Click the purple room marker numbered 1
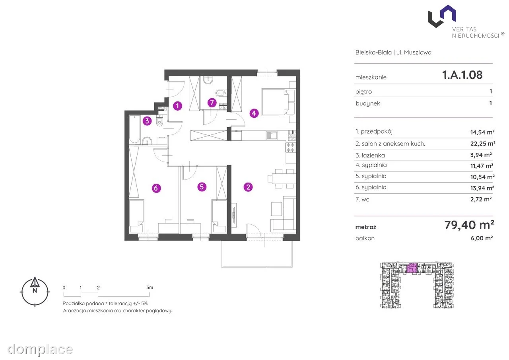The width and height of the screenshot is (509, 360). [x=177, y=106]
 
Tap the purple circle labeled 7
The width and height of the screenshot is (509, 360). [x=212, y=103]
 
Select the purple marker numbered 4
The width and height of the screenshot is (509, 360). [x=254, y=113]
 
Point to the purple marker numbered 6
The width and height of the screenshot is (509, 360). [x=156, y=188]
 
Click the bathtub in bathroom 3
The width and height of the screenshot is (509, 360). [x=134, y=129]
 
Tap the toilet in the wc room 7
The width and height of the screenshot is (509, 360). [x=220, y=93]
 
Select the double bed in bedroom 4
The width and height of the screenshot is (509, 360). [x=279, y=102]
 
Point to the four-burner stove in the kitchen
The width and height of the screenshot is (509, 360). [x=291, y=147]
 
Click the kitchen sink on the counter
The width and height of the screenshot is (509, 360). [x=272, y=135]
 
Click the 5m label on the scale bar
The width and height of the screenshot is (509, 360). [x=150, y=287]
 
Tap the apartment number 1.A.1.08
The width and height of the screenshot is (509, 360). [x=462, y=75]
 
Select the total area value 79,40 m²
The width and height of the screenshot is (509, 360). [x=469, y=225]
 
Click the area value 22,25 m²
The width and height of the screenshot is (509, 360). [x=482, y=144]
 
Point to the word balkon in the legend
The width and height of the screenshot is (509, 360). [x=365, y=238]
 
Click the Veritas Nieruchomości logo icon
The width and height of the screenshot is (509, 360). [x=442, y=16]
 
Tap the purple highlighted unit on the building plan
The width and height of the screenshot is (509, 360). [x=412, y=268]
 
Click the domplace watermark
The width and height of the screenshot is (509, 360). [x=40, y=349]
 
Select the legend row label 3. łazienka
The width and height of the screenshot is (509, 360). [x=370, y=155]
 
